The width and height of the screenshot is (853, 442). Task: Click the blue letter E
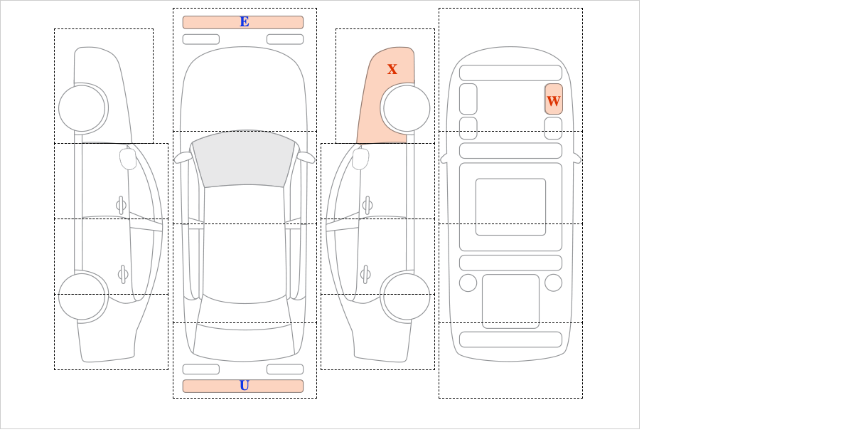tap(245, 22)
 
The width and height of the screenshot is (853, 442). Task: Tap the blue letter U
tap(245, 386)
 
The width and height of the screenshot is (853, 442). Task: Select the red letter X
tap(392, 69)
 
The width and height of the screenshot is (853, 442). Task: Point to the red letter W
tap(553, 101)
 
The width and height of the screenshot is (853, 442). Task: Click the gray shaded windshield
tap(244, 158)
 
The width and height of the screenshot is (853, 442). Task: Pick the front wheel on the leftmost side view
tap(82, 109)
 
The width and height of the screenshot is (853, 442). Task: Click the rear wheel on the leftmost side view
tap(82, 296)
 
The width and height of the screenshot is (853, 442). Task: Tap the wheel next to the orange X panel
tap(407, 109)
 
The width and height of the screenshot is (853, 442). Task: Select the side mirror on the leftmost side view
tap(128, 159)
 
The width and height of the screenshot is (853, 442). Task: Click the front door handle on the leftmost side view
tap(121, 206)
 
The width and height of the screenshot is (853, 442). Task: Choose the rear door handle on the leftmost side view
tap(123, 274)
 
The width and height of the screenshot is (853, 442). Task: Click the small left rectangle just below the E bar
tap(201, 39)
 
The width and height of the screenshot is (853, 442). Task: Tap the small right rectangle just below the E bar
tap(285, 39)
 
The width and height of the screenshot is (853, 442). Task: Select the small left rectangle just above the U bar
tap(201, 369)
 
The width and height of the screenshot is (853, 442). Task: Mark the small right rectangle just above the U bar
tap(285, 369)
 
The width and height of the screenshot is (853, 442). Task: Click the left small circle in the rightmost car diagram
tap(468, 283)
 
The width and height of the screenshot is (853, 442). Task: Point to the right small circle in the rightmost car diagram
tap(553, 283)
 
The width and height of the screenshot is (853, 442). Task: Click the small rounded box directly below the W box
tap(553, 128)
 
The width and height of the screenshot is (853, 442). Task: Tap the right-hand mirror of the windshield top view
tap(306, 157)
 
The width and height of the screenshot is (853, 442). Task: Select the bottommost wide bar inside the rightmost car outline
tap(510, 340)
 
